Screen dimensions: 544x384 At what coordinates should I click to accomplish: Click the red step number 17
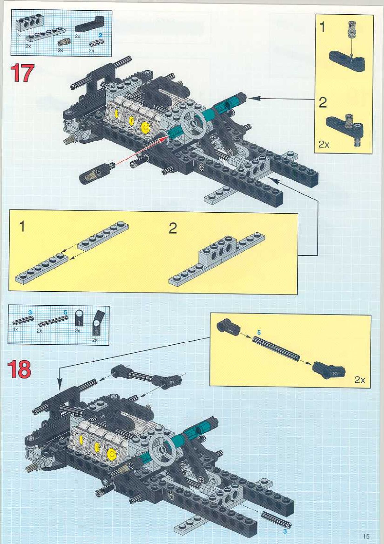(22, 73)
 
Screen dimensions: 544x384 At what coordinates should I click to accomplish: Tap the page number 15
(366, 536)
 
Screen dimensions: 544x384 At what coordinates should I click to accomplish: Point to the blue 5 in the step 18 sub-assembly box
(259, 333)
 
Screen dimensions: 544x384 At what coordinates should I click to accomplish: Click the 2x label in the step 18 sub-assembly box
(360, 379)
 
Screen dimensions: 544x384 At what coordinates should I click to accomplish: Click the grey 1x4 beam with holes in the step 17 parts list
(27, 24)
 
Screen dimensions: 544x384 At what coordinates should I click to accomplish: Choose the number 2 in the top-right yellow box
(323, 103)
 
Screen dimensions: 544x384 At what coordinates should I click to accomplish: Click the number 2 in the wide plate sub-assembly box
(173, 228)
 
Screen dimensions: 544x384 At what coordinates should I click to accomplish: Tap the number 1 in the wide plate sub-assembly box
(22, 226)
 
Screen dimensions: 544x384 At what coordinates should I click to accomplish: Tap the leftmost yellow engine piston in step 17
(116, 113)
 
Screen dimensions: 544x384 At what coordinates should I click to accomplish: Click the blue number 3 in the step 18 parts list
(30, 312)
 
